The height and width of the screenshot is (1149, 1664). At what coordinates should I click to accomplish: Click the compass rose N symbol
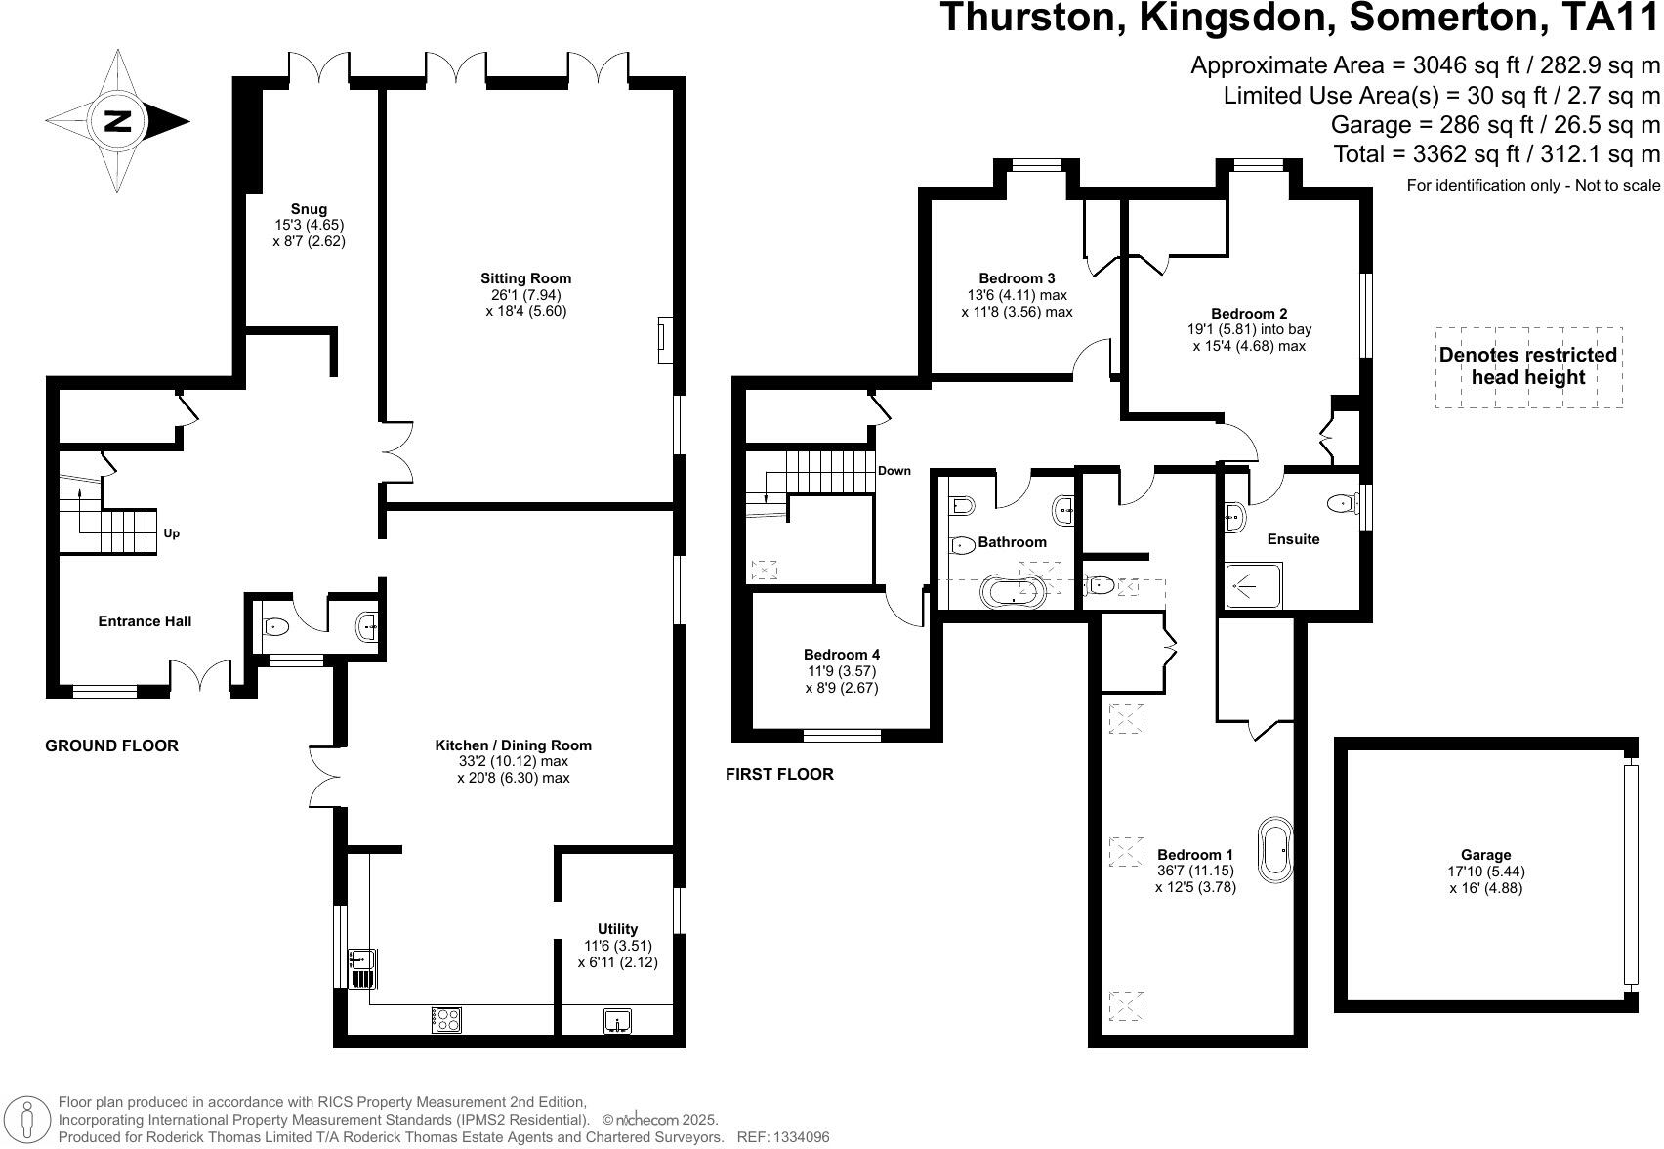(118, 122)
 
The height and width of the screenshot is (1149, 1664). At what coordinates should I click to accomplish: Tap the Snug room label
(309, 209)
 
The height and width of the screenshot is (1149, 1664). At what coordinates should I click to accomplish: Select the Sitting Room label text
(525, 278)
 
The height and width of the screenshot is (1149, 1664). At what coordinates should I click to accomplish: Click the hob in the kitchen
(446, 1019)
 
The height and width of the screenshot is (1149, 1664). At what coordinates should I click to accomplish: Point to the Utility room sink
(617, 1022)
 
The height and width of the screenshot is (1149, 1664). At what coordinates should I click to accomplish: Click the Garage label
(1486, 855)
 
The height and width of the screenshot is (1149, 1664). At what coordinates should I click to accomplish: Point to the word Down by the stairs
(894, 471)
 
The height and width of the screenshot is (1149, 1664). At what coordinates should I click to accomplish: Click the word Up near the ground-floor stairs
(171, 533)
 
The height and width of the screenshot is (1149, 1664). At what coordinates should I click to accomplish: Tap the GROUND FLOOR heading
(112, 745)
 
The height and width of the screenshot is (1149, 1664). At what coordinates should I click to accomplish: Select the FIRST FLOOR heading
(779, 774)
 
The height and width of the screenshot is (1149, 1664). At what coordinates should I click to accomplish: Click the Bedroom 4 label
(842, 655)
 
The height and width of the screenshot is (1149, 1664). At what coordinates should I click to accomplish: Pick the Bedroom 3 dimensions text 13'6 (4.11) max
(1017, 295)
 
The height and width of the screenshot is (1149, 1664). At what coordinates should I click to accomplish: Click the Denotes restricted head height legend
(1528, 366)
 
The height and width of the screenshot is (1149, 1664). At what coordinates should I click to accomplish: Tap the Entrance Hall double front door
(201, 676)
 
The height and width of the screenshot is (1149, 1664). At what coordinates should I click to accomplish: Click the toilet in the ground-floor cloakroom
(273, 627)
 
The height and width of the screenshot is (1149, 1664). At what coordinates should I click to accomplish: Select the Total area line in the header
(1495, 153)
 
